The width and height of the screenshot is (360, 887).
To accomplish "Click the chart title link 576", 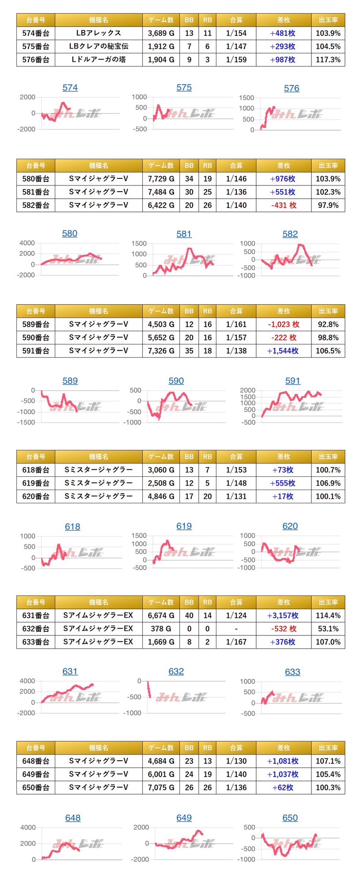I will coord(292,88).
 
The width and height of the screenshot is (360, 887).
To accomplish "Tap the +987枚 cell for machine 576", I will coord(283,60).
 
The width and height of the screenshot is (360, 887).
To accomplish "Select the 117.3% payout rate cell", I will coord(328,60).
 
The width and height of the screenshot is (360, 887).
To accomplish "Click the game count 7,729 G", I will coord(161,179).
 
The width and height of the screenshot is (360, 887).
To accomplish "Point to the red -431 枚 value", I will coord(283,205).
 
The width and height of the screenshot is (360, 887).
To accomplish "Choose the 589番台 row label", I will coord(36,324).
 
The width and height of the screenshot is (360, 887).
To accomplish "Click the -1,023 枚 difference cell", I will coord(283,324).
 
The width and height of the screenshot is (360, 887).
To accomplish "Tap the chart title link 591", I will coord(292,381).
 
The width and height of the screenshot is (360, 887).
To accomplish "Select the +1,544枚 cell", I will coord(283,351).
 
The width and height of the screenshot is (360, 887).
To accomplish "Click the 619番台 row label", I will coord(36,483).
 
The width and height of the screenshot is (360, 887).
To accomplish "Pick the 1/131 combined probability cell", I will coord(236,496).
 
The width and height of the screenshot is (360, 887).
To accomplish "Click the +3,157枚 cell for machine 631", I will coord(283,615).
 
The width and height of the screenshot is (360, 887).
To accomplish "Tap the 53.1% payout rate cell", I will coord(328,629).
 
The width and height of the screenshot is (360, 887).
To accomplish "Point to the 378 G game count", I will coord(161,629).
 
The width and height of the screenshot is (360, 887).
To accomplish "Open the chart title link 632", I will coord(176,672).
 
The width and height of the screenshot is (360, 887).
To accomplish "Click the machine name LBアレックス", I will coord(99,33).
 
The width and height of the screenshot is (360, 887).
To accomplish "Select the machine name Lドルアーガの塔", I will coord(99,60).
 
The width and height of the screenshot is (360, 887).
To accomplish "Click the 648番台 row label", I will coord(36,761).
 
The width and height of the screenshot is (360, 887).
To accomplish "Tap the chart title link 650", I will coord(290,818).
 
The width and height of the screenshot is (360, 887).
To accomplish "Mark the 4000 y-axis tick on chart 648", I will coord(28,827).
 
